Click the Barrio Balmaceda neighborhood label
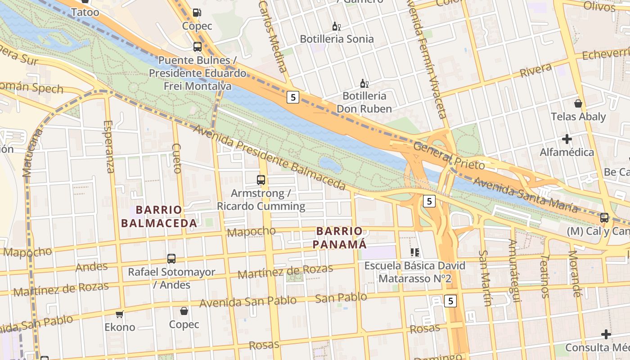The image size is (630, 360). point(159,216)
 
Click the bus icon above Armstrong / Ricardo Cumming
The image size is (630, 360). point(261,180)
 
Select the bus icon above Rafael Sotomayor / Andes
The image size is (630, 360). point(171,259)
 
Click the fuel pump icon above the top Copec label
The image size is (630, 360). point(197,13)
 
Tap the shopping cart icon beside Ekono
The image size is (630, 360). point(120,314)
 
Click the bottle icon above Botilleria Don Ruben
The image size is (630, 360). point(364,83)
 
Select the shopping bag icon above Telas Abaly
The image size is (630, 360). point(578,103)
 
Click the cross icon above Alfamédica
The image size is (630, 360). point(567,139)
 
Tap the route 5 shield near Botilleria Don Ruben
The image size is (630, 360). point(293,97)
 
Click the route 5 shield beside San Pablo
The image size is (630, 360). point(450,301)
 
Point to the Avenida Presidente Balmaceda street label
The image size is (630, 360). point(269,157)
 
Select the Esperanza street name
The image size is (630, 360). point(109,146)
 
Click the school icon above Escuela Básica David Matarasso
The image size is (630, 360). point(414,252)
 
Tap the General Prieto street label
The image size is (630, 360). point(449,156)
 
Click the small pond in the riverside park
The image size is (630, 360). point(330,165)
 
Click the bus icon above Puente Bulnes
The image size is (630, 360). point(197,46)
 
